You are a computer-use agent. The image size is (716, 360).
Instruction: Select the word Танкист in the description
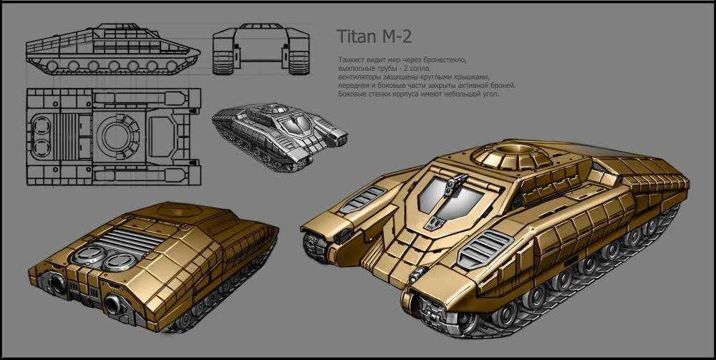pos(350,60)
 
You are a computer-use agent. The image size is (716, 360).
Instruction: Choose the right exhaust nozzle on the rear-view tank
pos(112,302)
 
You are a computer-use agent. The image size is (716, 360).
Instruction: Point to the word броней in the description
pos(503,86)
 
